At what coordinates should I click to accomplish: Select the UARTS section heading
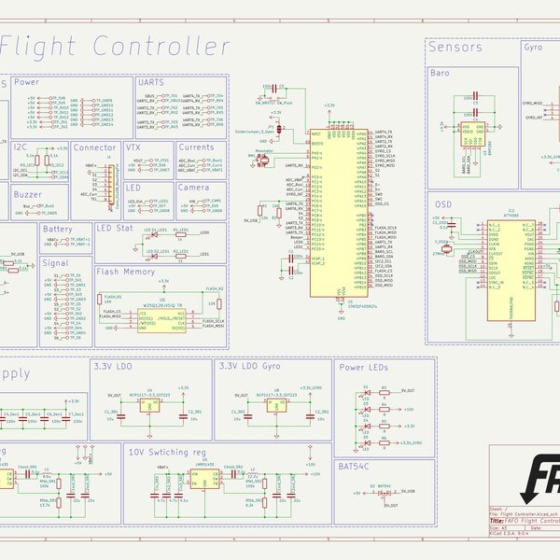click(x=151, y=83)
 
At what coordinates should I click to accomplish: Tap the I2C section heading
click(x=21, y=147)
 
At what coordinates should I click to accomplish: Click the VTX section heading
click(x=133, y=147)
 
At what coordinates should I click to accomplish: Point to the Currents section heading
click(x=196, y=147)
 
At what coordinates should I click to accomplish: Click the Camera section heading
click(x=194, y=187)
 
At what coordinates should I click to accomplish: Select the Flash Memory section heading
click(x=126, y=272)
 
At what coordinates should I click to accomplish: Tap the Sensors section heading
click(x=455, y=48)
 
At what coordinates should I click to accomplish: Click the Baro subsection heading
click(x=441, y=73)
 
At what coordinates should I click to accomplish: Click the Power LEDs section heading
click(x=363, y=368)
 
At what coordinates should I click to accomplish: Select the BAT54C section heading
click(x=355, y=466)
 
